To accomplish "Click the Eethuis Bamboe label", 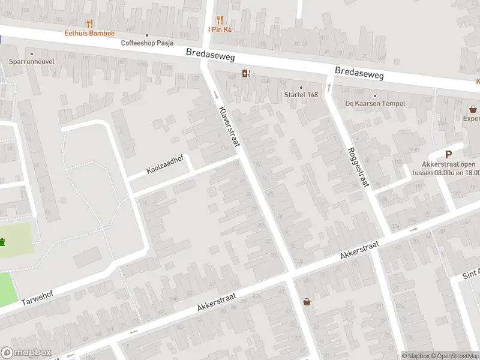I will [89, 33].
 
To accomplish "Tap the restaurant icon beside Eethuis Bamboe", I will [89, 24].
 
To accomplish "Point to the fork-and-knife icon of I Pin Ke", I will [220, 19].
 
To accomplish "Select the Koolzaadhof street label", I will [165, 166].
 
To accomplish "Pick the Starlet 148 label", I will [301, 95].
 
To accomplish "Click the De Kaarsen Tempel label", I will [375, 103].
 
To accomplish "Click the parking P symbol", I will [448, 154].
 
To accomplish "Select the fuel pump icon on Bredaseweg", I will [245, 74].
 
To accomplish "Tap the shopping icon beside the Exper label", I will [474, 110].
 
